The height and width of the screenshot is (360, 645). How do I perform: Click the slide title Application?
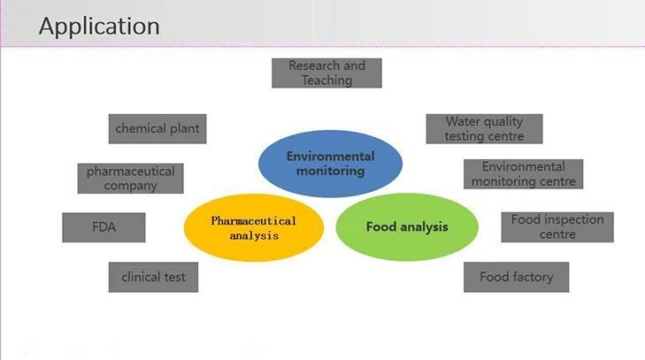pyautogui.click(x=99, y=26)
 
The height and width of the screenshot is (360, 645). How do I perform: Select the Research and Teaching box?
pyautogui.click(x=326, y=73)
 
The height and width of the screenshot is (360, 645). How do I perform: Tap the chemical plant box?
pyautogui.click(x=157, y=128)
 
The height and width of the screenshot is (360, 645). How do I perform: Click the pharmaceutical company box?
pyautogui.click(x=130, y=178)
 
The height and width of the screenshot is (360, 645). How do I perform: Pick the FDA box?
pyautogui.click(x=104, y=226)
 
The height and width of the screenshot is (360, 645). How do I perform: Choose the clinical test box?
pyautogui.click(x=153, y=277)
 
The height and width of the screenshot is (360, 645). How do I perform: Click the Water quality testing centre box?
pyautogui.click(x=483, y=128)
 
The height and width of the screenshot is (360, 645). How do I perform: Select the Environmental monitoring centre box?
pyautogui.click(x=523, y=173)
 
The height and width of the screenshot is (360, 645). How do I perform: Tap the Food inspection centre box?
pyautogui.click(x=557, y=226)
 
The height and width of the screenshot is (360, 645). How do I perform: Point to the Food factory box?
pyautogui.click(x=516, y=277)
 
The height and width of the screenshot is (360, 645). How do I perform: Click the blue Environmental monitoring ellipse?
pyautogui.click(x=330, y=164)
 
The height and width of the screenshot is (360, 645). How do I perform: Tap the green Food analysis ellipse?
pyautogui.click(x=407, y=226)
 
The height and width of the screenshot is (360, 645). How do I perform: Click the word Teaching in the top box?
pyautogui.click(x=326, y=80)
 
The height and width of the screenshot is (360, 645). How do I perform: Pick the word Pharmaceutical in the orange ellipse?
pyautogui.click(x=254, y=220)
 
